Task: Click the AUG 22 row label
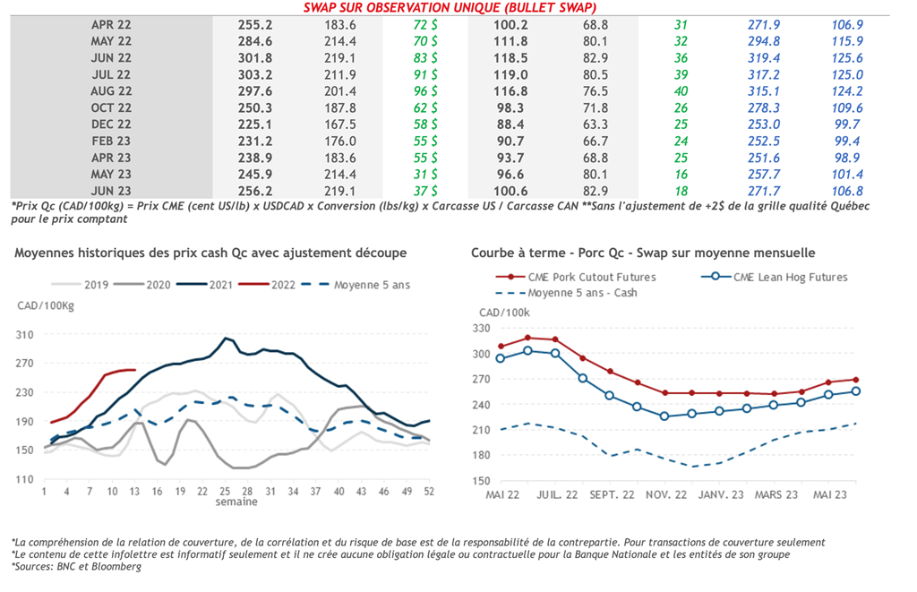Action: click(111, 90)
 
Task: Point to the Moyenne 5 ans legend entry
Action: click(357, 286)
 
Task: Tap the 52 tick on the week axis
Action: click(429, 492)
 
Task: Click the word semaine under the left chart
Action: click(236, 502)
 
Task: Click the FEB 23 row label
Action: click(111, 141)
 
